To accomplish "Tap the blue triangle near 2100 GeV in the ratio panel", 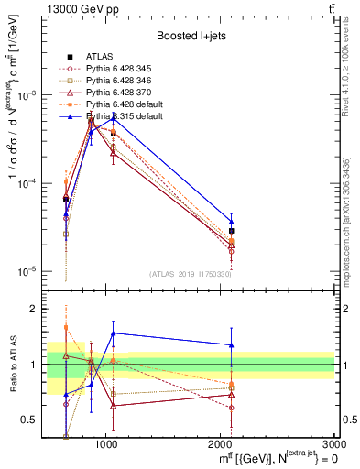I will point(231,345).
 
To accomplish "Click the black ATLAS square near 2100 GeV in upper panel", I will point(231,231).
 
